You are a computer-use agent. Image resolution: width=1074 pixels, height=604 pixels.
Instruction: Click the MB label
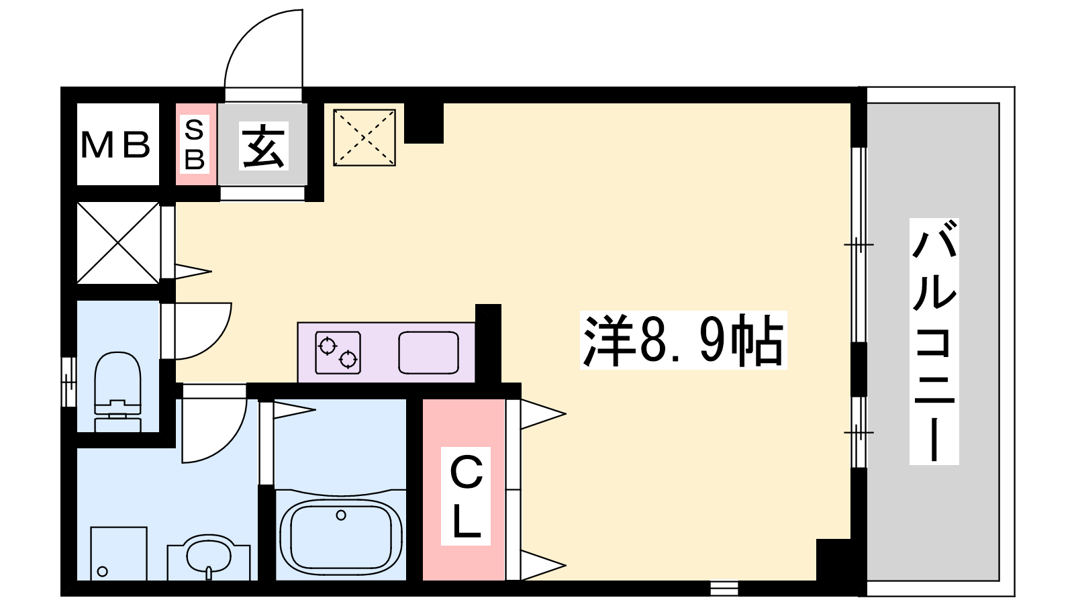pos(115,145)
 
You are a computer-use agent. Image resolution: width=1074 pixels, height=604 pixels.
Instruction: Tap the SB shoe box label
pos(195,144)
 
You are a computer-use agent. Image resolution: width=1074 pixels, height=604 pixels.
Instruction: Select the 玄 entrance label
pos(264,146)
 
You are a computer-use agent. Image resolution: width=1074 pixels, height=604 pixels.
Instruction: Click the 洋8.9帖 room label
pos(683,340)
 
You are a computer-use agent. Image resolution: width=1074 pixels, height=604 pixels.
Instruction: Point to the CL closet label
pos(466,497)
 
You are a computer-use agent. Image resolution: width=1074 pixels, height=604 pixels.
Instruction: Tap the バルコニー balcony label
pos(934,342)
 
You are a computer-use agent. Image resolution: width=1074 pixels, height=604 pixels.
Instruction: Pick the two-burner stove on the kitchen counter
pos(338,352)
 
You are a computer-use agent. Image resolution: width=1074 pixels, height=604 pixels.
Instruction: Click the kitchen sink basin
pos(429,352)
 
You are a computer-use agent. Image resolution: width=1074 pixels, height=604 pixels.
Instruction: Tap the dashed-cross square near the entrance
pos(364,138)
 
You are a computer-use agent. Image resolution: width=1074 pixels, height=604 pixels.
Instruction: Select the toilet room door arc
pos(215,344)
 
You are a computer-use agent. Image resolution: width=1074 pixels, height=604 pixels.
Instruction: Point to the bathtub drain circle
pos(341,515)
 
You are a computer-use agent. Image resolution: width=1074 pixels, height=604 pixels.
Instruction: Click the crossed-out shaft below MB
pos(118,243)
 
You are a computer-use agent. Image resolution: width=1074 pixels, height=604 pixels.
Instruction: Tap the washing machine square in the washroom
pos(119,554)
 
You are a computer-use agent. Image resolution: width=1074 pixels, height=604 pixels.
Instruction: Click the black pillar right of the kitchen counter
pos(488,344)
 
